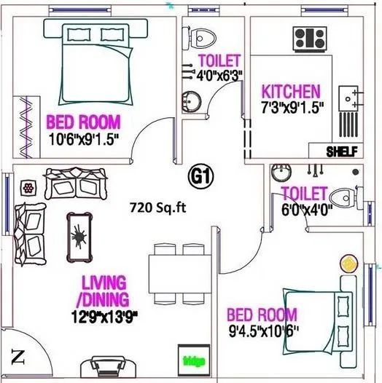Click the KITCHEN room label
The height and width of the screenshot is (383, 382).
pos(291,92)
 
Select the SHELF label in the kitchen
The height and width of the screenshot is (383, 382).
pos(340,151)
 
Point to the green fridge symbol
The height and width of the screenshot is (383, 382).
pos(194,360)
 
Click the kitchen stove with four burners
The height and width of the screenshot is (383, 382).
pos(310,38)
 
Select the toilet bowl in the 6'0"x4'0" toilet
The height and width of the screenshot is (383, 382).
pos(343,197)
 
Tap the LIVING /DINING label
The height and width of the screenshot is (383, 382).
pos(105,290)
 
